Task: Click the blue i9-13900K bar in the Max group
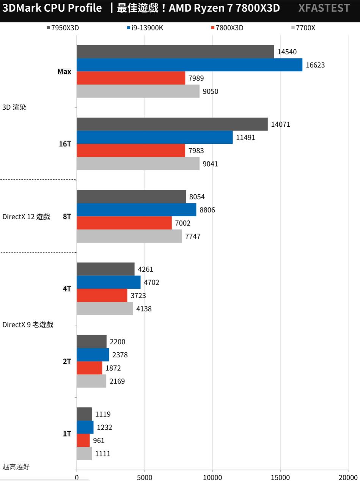coord(189,65)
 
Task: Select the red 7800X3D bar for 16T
coord(131,150)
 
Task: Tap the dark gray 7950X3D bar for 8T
coord(131,196)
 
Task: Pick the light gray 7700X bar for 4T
coord(105,308)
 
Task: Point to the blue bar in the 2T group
coord(93,355)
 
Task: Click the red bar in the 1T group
coord(83,440)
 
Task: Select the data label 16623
coord(315,65)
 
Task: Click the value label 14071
coord(281,124)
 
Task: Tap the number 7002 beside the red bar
coord(183,223)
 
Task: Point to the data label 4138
coord(144,309)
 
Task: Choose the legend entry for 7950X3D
coord(63,28)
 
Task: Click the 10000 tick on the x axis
coord(212,477)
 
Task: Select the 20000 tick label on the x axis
coord(348,477)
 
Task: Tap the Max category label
coord(64,71)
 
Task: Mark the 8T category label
coord(67,217)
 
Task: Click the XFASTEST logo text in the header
coord(324,8)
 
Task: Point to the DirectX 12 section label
coord(26,217)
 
